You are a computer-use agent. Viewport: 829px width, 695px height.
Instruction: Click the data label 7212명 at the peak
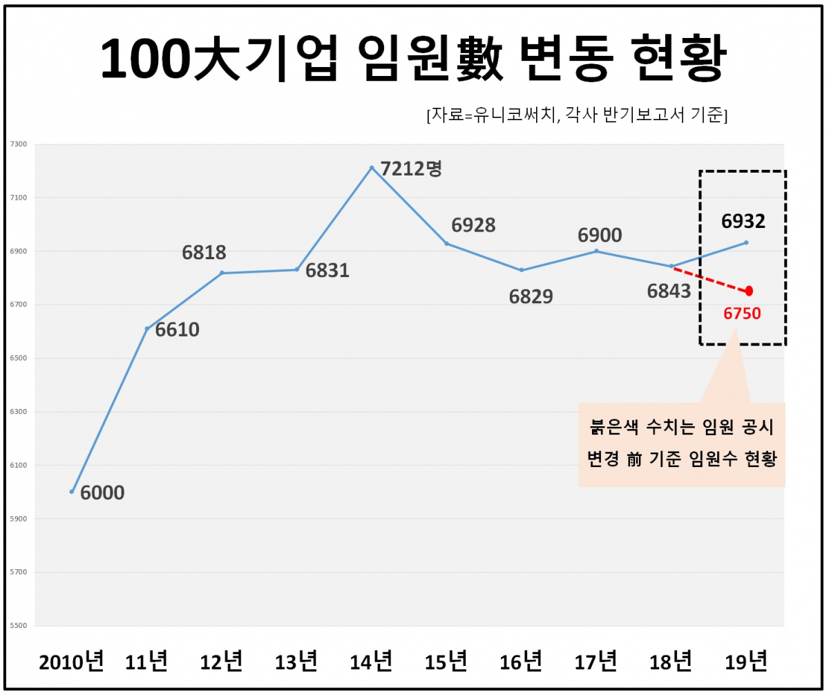[411, 169]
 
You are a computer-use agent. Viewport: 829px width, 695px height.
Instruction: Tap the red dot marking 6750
[749, 291]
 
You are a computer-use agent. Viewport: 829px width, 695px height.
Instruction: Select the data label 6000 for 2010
[102, 493]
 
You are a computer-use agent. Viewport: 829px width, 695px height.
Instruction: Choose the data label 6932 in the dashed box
[743, 222]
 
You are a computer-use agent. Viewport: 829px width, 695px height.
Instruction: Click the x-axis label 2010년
[71, 662]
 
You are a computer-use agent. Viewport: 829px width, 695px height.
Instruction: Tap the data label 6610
[177, 330]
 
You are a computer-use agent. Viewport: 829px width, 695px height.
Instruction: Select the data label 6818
[204, 253]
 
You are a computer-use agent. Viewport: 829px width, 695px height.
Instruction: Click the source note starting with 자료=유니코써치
[577, 115]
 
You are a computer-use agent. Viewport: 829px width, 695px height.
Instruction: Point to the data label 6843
[669, 292]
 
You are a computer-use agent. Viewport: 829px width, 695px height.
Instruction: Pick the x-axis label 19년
[746, 662]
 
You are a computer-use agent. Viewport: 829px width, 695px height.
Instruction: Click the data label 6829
[531, 296]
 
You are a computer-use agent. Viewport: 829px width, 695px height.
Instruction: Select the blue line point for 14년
[372, 168]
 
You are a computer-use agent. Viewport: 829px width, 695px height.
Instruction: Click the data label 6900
[600, 236]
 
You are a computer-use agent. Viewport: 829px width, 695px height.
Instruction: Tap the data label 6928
[473, 225]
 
